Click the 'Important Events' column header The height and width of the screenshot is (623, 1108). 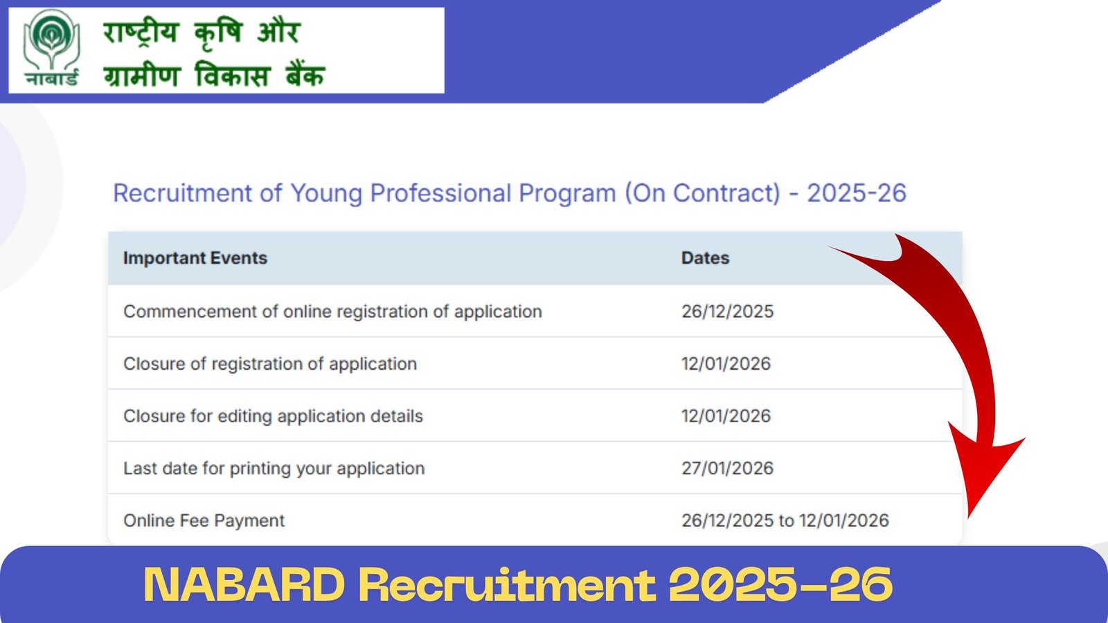(x=195, y=258)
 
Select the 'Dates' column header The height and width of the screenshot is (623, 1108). (x=705, y=258)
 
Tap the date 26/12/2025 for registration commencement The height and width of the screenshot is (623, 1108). (x=727, y=311)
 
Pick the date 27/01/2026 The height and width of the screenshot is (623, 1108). (x=727, y=469)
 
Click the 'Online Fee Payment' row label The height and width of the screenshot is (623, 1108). (x=204, y=521)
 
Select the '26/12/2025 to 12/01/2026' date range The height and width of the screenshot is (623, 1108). (x=785, y=521)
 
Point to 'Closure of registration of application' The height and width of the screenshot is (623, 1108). (x=270, y=364)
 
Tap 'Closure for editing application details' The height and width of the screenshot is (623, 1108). (x=273, y=416)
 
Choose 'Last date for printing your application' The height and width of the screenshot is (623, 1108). (x=274, y=469)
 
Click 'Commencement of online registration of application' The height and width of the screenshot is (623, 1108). (x=332, y=311)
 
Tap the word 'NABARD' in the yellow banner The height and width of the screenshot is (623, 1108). (x=244, y=585)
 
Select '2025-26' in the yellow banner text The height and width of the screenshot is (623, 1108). (x=780, y=585)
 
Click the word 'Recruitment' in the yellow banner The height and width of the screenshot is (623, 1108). (x=507, y=585)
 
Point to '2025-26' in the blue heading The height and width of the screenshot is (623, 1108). (x=856, y=193)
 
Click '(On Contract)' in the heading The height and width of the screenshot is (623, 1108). (x=702, y=193)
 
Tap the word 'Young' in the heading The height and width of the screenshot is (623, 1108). (x=325, y=193)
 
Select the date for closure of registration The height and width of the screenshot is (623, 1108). (x=726, y=364)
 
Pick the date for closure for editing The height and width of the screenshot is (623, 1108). (x=726, y=416)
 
